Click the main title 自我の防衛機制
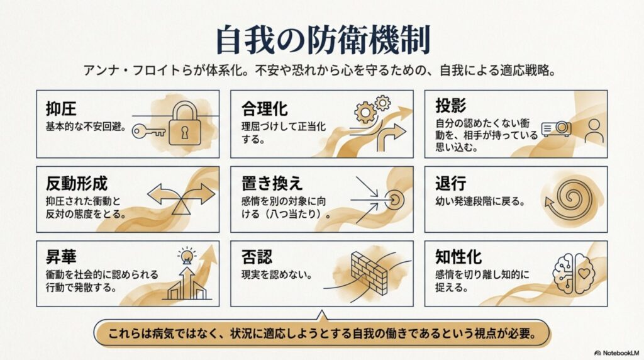[x=323, y=40]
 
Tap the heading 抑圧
[x=61, y=110]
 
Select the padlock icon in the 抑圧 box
[x=185, y=123]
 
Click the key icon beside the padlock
[x=148, y=132]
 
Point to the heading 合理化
[x=265, y=109]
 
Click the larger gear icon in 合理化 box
[x=365, y=112]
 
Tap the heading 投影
[x=450, y=106]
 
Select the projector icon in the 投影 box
[x=556, y=129]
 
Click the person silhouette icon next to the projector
[x=594, y=131]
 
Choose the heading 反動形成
[x=76, y=184]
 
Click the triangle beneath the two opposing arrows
[x=181, y=206]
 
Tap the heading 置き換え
[x=272, y=183]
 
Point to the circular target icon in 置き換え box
[x=394, y=200]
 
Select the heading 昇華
[x=61, y=257]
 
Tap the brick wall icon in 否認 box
[x=369, y=273]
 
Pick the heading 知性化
[x=458, y=257]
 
